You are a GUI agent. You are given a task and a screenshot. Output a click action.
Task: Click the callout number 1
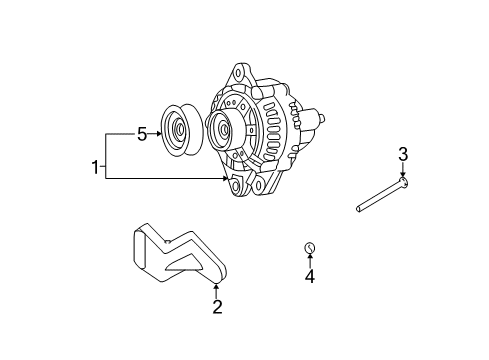click(95, 167)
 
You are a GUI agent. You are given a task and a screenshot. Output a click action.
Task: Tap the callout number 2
click(217, 307)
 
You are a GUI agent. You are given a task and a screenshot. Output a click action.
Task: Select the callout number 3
click(403, 154)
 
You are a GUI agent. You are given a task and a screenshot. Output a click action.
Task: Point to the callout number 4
click(310, 276)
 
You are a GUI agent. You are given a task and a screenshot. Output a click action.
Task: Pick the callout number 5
click(142, 135)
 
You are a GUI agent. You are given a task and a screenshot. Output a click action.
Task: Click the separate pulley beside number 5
click(182, 130)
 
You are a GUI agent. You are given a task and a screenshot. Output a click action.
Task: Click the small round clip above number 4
click(310, 248)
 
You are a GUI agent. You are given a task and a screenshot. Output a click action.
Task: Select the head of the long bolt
click(404, 182)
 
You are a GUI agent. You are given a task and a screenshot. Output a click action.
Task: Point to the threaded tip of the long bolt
click(359, 209)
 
